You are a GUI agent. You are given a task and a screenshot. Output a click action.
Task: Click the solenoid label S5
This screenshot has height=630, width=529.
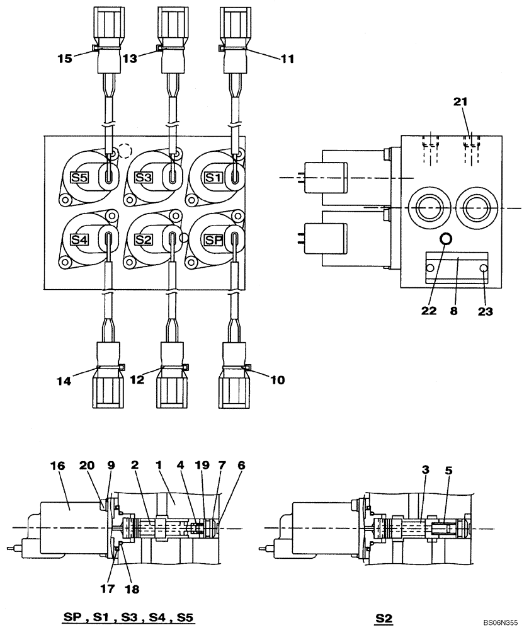[79, 178]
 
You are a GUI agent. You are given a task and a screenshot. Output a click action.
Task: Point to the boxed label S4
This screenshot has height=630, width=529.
[79, 239]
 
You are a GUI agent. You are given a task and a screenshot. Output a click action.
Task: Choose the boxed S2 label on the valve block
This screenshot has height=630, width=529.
[144, 239]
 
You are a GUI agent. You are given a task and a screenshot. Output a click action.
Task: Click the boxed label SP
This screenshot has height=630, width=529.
[213, 239]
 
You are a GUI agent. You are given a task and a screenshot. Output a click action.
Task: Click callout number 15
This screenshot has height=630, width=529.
[64, 58]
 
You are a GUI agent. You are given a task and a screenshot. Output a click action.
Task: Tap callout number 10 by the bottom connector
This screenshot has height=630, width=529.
[277, 379]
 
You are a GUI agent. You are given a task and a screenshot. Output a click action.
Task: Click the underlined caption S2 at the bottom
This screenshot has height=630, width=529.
[384, 619]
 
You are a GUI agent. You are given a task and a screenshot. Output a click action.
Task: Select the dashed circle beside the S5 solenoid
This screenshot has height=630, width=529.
[125, 151]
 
